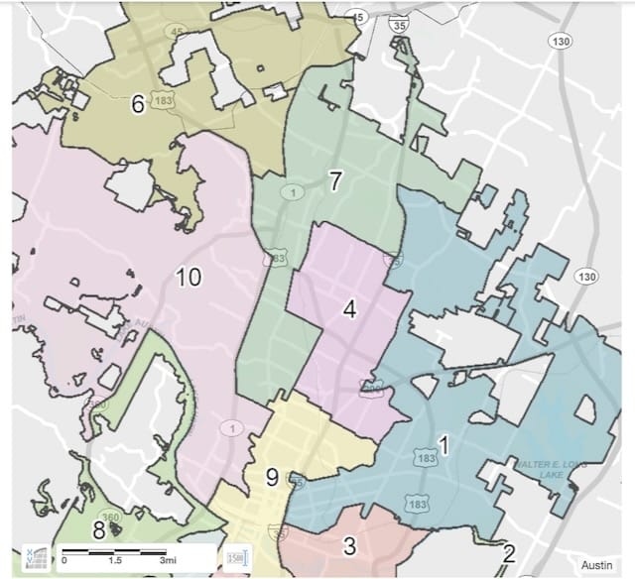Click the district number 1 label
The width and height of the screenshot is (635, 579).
coord(444,447)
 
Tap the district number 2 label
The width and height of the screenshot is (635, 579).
coord(509,554)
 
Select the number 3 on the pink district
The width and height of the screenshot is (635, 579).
coord(348,544)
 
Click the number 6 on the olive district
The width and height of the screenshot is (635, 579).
coord(138,103)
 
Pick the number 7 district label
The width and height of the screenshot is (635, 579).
coord(335,181)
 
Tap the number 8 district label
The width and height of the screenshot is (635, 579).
coord(98,529)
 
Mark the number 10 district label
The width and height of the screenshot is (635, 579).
coord(189,278)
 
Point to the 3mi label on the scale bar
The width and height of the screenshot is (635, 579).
coord(180,561)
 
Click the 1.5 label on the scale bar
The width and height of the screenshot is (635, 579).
coord(117,561)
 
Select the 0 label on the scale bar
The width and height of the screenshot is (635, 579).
coord(64,561)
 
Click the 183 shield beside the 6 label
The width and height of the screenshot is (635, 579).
coord(164,101)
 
